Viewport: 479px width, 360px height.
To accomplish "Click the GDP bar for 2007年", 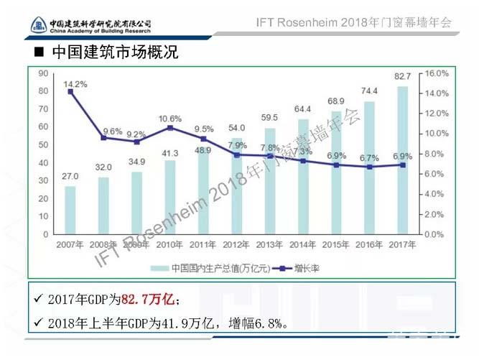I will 70,210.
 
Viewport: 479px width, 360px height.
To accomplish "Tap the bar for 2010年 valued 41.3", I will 169,197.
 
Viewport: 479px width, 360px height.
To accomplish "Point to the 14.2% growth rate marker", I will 70,91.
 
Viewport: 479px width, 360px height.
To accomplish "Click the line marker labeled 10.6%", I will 169,128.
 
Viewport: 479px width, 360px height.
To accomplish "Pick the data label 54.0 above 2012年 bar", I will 236,128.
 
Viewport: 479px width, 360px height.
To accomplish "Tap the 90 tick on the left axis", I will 43,73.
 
